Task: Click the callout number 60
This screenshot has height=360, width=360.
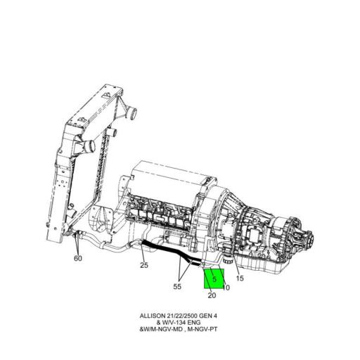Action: click(78, 258)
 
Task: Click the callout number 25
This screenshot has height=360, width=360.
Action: click(143, 265)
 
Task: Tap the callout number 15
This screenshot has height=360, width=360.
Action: click(240, 278)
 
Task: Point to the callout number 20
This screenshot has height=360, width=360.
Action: click(212, 295)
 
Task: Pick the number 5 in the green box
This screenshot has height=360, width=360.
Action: click(213, 279)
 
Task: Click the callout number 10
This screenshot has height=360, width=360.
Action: click(226, 287)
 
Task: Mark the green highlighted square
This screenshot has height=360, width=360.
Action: click(213, 279)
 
